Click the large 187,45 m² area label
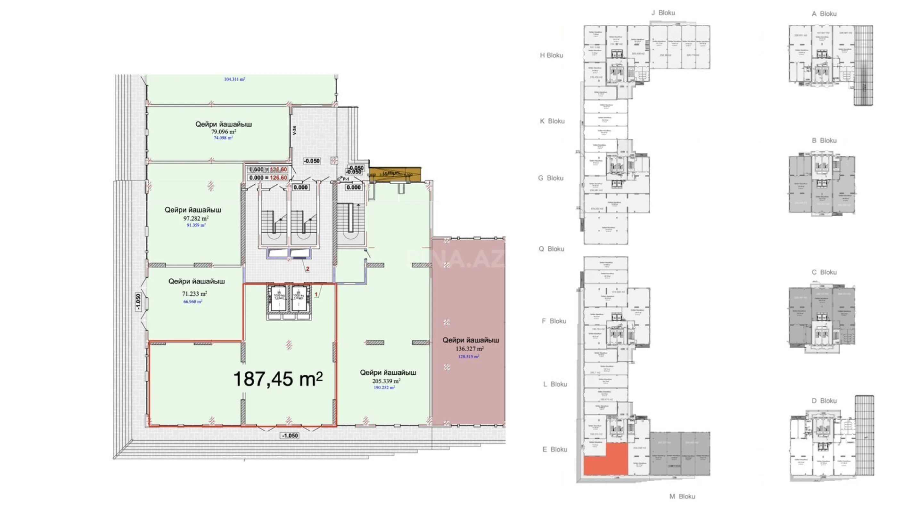tap(278, 379)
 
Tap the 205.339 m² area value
tap(386, 381)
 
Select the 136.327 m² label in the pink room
tap(469, 349)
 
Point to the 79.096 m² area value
tap(224, 132)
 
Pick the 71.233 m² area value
tap(194, 294)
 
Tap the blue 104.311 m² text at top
tap(234, 79)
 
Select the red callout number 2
tap(307, 269)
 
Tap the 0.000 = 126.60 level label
tap(268, 178)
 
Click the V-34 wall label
tap(294, 131)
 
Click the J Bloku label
tap(663, 13)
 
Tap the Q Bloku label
tap(551, 249)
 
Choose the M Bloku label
tap(682, 496)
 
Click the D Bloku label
tap(824, 401)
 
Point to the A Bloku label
tap(824, 14)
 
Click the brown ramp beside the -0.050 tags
tap(395, 174)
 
